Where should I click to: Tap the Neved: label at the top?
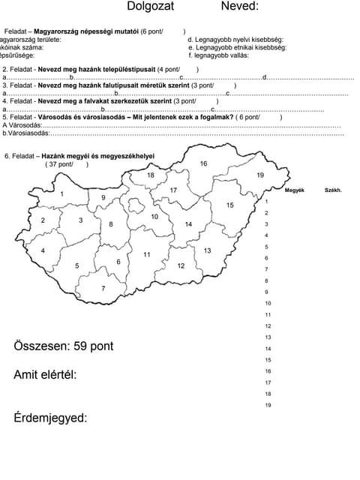pos(239,7)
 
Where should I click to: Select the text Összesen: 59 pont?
pos(64,346)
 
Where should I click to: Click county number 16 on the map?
pos(203,163)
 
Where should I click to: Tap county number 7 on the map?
pos(103,288)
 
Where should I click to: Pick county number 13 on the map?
pos(207,250)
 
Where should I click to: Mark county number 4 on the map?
pos(43,250)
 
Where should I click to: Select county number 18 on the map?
pos(150,175)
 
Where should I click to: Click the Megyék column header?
pos(294,190)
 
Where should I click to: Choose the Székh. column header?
pos(333,190)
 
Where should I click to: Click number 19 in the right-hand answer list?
pos(268,405)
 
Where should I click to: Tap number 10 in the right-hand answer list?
pos(268,303)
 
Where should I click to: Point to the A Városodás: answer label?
pos(22,125)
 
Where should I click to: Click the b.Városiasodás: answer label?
pos(26,133)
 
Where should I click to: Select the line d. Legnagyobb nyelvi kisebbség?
pos(235,39)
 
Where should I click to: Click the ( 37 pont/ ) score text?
pos(66,164)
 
